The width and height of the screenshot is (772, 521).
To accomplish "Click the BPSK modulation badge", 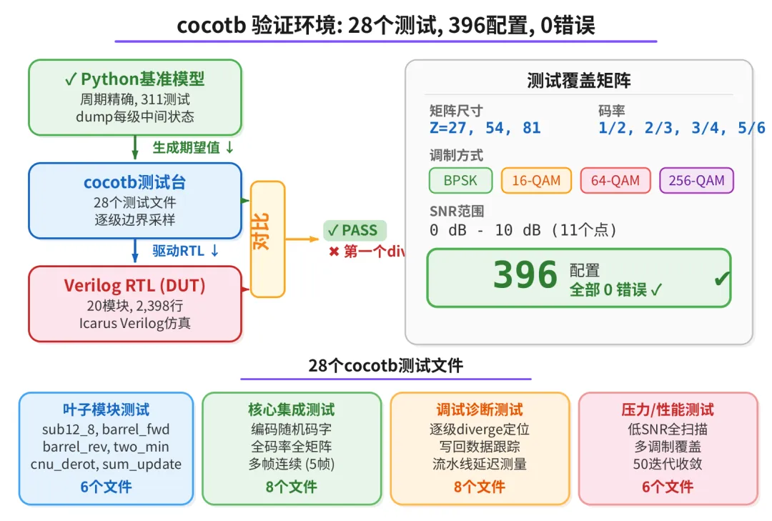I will point(462,181).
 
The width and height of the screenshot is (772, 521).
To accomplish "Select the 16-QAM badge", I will point(536,181).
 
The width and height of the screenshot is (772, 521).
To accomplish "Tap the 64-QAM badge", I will point(615,181).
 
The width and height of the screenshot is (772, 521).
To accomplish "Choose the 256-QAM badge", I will point(696,181).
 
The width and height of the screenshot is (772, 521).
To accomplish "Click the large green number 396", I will point(525,276).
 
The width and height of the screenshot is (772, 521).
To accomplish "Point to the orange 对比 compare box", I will point(267,239).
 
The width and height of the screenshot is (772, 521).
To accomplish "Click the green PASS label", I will point(355,230).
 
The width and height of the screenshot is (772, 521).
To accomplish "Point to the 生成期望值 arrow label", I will point(193,147).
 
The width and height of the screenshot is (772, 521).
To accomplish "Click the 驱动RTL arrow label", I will point(185,251).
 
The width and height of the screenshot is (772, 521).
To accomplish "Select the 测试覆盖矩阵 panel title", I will point(579,80).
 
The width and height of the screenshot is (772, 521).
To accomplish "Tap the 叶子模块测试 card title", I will point(106,410).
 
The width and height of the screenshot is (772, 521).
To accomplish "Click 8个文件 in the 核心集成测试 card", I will point(291,487).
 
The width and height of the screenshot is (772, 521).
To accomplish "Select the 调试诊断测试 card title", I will point(480,410).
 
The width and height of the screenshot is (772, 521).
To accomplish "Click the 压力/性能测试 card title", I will point(668,410).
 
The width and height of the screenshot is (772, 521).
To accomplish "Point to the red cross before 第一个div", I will point(334,252).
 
